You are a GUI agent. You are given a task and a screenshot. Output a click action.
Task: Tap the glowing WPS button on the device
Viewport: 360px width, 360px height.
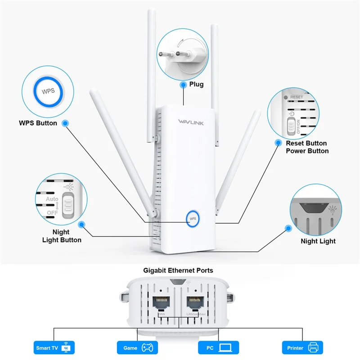(193, 218)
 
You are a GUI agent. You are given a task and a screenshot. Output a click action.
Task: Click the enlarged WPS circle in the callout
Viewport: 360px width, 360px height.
(48, 91)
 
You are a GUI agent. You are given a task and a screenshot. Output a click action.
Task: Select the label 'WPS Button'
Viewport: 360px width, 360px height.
(38, 123)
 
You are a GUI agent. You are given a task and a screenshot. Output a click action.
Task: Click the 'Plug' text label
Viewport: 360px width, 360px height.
(196, 84)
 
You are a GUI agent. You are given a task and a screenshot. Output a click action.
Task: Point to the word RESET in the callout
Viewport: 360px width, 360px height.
(297, 97)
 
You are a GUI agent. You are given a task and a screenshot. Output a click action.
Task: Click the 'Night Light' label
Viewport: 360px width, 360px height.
(318, 241)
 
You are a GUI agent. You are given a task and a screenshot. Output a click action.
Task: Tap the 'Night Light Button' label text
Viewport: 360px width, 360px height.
(62, 236)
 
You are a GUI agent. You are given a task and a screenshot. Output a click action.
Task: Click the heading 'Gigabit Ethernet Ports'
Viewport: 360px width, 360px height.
(178, 270)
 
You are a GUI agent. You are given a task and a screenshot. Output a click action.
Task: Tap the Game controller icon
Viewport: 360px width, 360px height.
(147, 347)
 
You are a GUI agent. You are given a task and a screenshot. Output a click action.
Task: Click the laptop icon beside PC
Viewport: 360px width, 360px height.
(226, 347)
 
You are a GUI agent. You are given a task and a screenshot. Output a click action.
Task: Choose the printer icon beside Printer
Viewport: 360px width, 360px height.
(313, 347)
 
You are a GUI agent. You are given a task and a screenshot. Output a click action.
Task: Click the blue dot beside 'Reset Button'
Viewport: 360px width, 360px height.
(278, 143)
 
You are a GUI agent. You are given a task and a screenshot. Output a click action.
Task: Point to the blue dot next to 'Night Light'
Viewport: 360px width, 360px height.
(288, 229)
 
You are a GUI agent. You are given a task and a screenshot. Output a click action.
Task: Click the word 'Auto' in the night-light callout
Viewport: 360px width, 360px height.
(52, 198)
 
